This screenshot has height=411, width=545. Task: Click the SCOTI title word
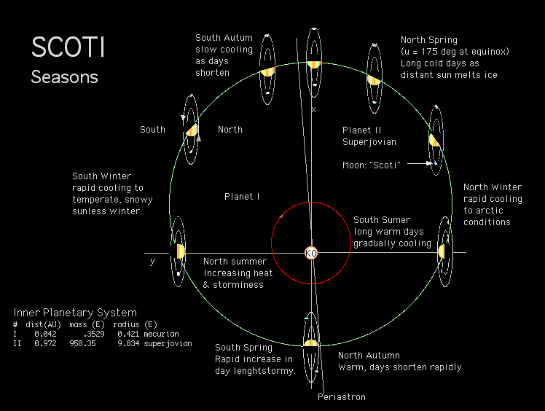[68, 47]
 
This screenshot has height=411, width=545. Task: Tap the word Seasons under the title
[64, 76]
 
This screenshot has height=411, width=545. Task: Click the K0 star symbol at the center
[311, 252]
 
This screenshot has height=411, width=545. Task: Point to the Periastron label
[341, 397]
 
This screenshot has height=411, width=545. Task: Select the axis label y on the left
[152, 261]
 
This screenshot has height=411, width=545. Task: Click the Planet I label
[242, 196]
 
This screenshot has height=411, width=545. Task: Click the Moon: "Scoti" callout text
[372, 165]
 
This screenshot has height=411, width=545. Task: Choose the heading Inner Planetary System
[75, 313]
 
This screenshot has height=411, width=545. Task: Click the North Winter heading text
[493, 187]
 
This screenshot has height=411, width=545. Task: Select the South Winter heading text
[101, 176]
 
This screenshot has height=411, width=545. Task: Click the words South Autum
[224, 38]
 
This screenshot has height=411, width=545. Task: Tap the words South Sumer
[382, 220]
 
